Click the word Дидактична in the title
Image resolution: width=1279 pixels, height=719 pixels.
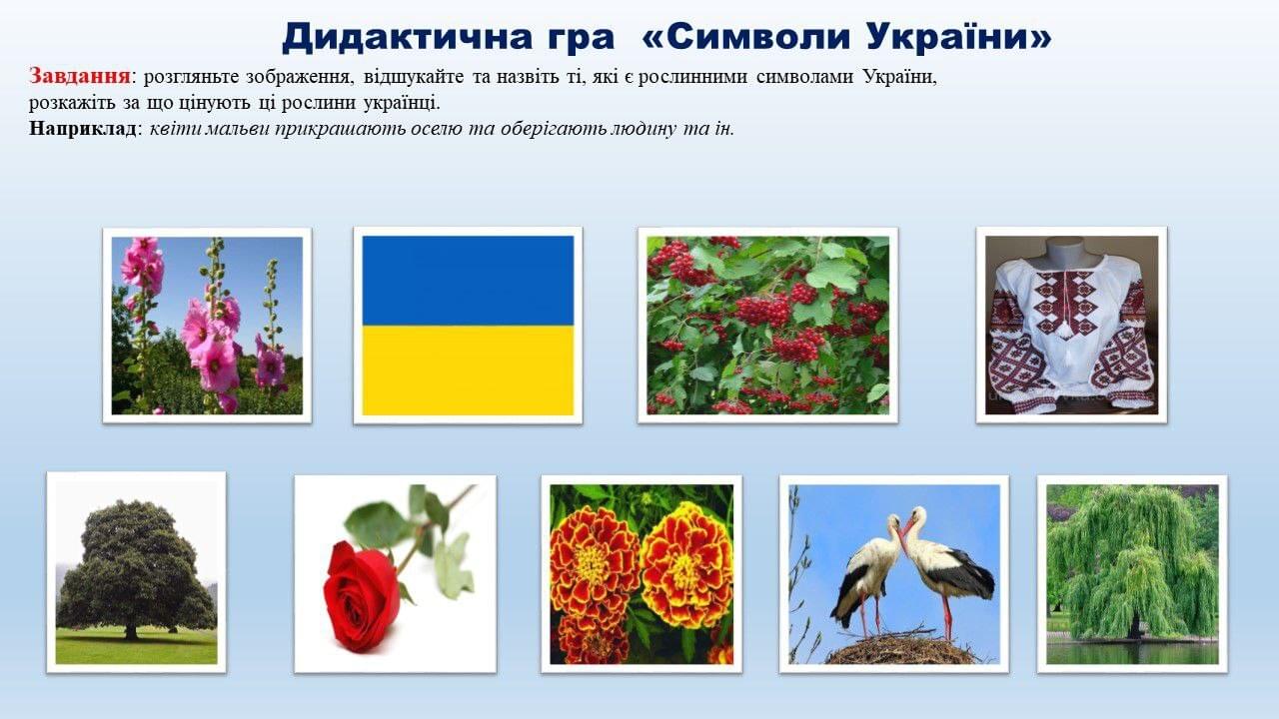[448, 38]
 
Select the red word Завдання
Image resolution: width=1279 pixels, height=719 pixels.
[79, 76]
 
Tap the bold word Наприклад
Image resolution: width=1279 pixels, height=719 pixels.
[83, 129]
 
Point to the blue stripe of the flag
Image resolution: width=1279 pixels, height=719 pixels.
[468, 281]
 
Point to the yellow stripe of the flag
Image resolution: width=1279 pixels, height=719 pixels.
[468, 370]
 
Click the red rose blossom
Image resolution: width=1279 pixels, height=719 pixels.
[362, 596]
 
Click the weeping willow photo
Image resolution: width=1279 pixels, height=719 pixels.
[1132, 574]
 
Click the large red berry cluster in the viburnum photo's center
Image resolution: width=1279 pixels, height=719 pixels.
[762, 310]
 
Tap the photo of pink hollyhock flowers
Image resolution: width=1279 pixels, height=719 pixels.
[207, 326]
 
